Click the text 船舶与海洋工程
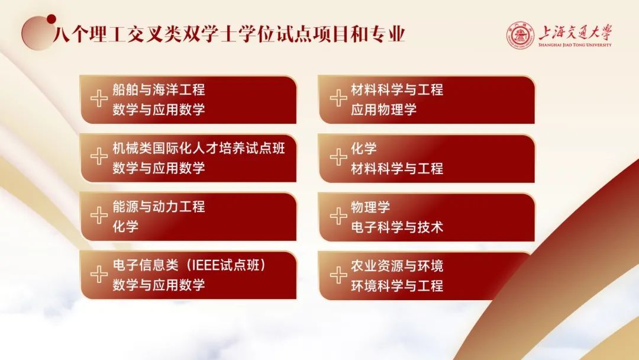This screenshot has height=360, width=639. (x=159, y=89)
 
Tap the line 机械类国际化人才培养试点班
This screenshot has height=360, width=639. (x=199, y=149)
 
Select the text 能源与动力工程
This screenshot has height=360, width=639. (x=159, y=207)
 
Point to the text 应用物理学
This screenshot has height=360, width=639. (x=384, y=110)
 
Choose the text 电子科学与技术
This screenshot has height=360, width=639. (x=397, y=227)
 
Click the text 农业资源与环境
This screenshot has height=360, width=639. (x=397, y=266)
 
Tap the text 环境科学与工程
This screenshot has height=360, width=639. (x=397, y=285)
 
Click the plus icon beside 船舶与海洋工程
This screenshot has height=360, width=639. (x=99, y=99)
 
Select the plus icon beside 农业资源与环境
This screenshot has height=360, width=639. (x=338, y=275)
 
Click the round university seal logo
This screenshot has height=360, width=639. (x=521, y=36)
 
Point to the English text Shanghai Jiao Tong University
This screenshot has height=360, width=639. (x=575, y=45)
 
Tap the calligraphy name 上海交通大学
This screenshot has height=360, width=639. (x=575, y=32)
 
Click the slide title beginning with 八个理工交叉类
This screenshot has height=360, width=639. (x=229, y=34)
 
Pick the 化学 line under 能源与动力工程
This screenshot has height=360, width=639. (x=125, y=227)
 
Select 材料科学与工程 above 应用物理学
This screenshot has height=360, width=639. (x=397, y=89)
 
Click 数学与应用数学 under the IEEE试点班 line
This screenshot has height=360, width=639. (x=159, y=285)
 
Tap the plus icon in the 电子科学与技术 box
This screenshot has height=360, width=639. (x=338, y=216)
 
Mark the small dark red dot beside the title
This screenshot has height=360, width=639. (x=51, y=19)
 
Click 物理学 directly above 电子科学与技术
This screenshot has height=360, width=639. (x=370, y=207)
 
